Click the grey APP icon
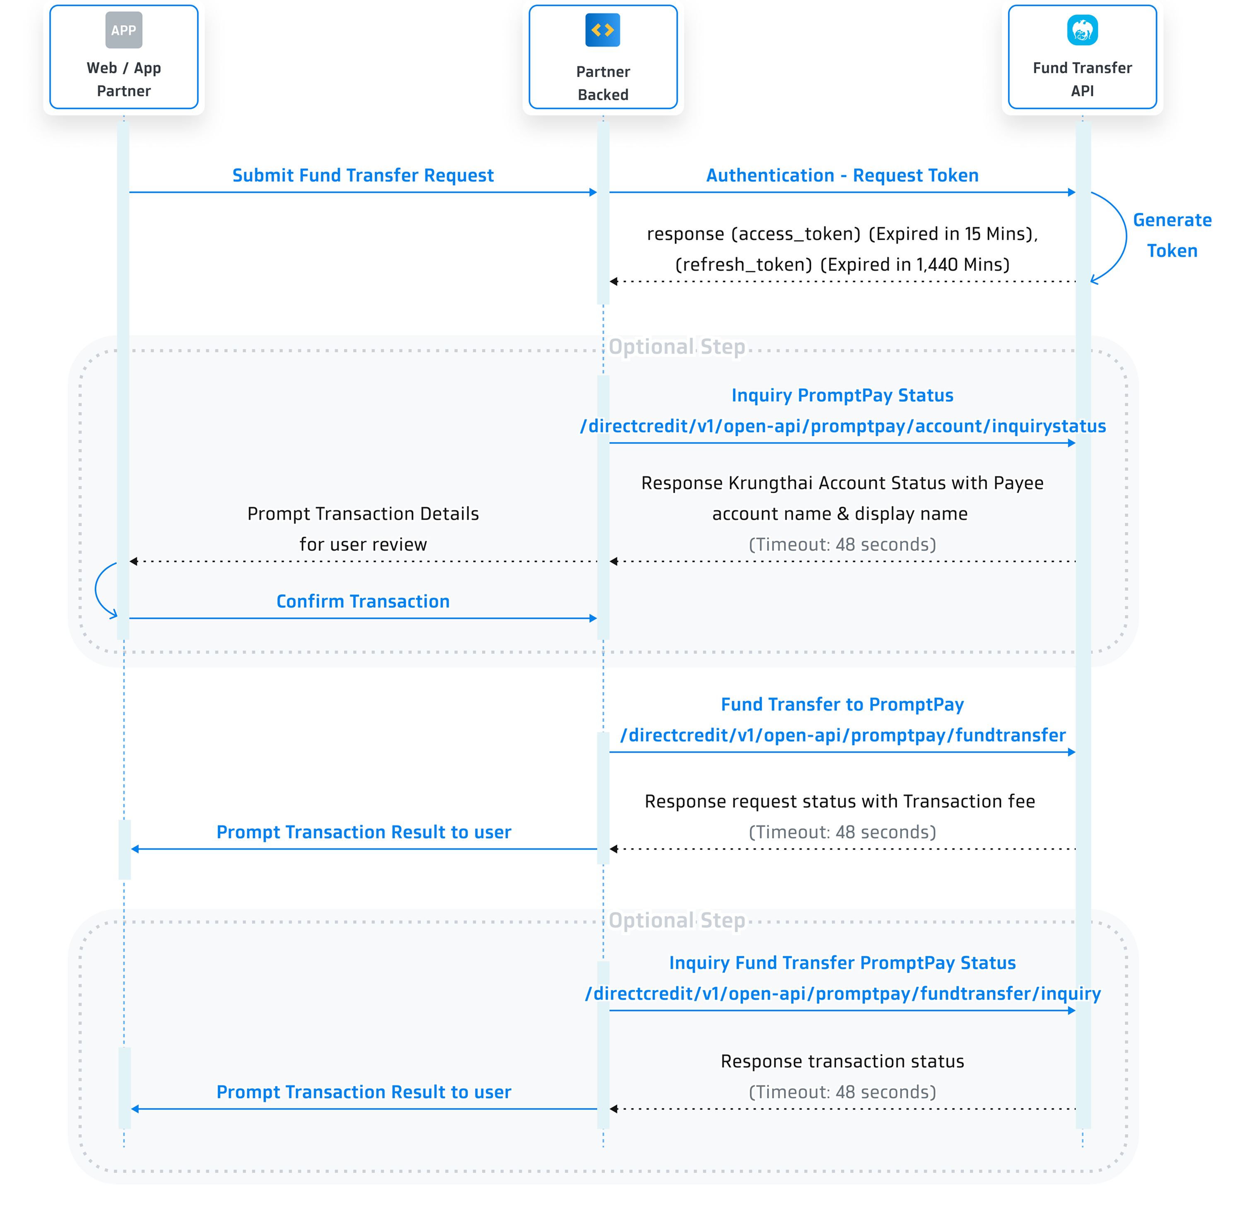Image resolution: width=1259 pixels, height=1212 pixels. [x=123, y=30]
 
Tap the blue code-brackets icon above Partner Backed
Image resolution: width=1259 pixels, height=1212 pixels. [x=603, y=30]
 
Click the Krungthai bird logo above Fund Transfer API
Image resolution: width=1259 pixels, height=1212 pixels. [x=1082, y=30]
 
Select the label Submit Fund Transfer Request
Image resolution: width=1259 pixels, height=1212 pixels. [x=363, y=175]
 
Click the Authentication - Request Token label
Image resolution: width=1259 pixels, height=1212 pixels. [x=842, y=175]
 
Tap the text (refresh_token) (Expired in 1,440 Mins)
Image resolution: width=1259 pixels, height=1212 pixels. [x=842, y=265]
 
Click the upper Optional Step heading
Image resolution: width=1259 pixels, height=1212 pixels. [x=677, y=346]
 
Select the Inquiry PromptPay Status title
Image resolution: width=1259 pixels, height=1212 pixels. [x=842, y=395]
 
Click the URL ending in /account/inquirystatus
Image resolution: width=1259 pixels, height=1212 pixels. [x=842, y=426]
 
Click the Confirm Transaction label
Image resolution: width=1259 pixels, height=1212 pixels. [x=363, y=601]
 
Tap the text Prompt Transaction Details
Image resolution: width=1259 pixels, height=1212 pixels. [x=363, y=514]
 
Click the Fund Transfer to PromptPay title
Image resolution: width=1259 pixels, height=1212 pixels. [x=842, y=704]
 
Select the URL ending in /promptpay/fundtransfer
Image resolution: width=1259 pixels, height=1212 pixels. [x=842, y=735]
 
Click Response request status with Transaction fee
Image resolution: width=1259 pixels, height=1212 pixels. [x=839, y=801]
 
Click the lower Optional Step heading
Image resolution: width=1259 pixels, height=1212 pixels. [x=677, y=920]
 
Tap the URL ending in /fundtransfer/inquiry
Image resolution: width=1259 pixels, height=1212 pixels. [x=842, y=994]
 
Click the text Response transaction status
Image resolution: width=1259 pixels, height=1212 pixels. [x=842, y=1061]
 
